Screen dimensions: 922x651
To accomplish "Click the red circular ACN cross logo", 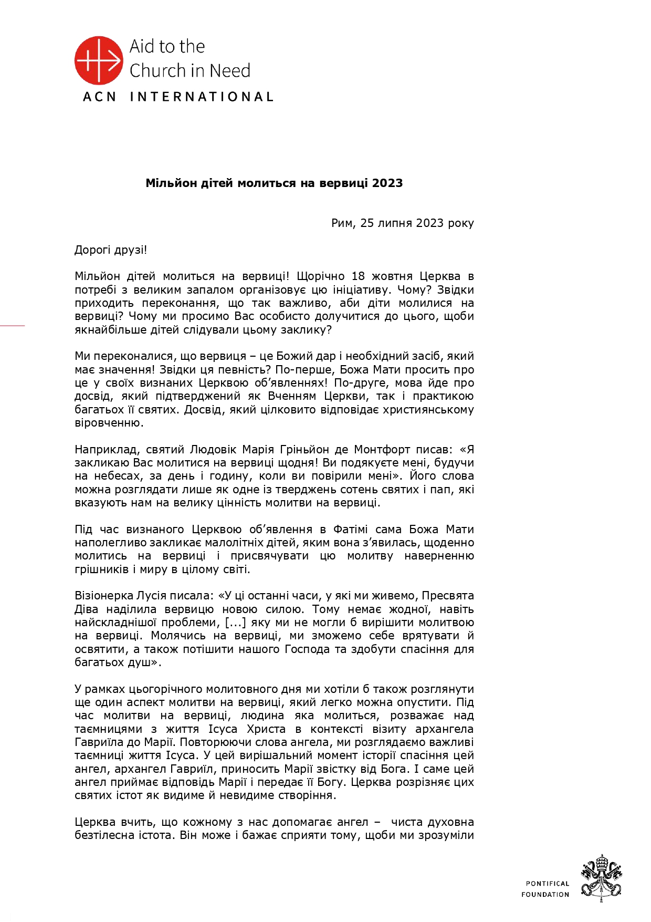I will pyautogui.click(x=99, y=60).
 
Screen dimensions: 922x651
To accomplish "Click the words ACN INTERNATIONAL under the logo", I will pyautogui.click(x=178, y=97).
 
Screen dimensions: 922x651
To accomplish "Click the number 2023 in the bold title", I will pyautogui.click(x=387, y=183).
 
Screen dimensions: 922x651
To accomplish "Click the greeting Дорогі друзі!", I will pyautogui.click(x=111, y=250).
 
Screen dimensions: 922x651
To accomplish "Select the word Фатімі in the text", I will pyautogui.click(x=351, y=530).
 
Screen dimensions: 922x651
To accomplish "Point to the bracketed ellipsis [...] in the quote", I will pyautogui.click(x=236, y=623).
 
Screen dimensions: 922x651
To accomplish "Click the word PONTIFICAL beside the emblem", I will pyautogui.click(x=548, y=884).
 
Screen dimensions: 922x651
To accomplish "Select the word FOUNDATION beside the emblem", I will pyautogui.click(x=545, y=894).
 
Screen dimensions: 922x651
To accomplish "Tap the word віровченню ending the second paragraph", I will pyautogui.click(x=109, y=423).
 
